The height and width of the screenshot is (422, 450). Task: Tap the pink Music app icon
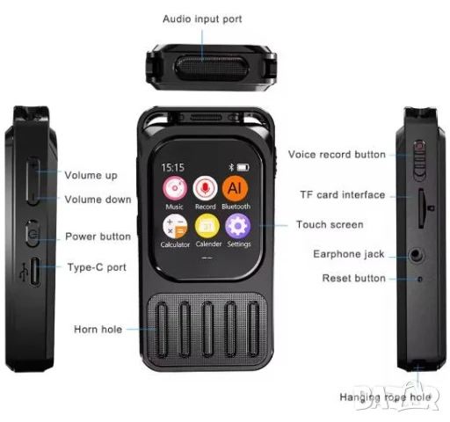point(175,188)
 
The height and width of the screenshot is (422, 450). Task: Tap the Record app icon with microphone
point(205,188)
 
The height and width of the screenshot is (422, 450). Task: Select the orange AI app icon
point(235,188)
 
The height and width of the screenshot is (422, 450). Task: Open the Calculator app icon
point(175,226)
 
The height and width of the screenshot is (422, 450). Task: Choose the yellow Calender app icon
point(207,226)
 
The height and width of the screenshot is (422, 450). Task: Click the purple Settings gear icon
point(238,226)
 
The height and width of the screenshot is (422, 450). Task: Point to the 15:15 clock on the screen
point(173,168)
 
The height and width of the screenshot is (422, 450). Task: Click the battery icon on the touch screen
point(243,167)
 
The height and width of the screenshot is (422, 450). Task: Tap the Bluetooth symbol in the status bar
point(231,167)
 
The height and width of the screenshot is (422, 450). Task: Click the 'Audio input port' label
point(202,19)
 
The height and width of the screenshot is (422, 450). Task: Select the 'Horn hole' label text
point(98,330)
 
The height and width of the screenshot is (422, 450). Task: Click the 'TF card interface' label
point(343,195)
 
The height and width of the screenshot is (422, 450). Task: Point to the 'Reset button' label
point(354,278)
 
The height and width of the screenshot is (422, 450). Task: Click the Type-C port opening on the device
point(35,272)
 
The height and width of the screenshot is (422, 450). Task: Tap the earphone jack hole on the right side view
point(417,255)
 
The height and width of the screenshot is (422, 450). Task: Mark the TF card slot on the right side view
point(422,208)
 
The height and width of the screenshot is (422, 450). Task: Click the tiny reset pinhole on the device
point(420,280)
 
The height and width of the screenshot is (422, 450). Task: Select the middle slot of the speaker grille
point(207,330)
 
